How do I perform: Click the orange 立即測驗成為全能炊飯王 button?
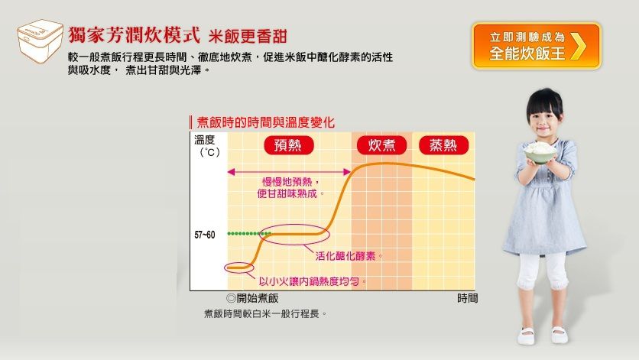click(537, 46)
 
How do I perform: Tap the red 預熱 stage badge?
click(288, 145)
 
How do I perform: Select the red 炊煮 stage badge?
click(381, 145)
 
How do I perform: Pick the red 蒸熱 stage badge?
click(443, 145)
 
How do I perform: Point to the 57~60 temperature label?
click(205, 235)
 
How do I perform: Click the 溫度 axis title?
click(205, 140)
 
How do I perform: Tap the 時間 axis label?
click(467, 298)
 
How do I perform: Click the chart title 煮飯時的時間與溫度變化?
click(266, 122)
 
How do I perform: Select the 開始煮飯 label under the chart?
click(258, 298)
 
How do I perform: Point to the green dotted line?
click(249, 234)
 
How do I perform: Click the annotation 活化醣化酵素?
click(345, 256)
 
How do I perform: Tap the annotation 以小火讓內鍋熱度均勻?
click(310, 281)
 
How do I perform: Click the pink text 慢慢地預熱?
click(287, 182)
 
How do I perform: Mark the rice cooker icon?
click(40, 41)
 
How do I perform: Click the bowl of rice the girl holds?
click(540, 151)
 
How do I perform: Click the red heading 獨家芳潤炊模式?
click(135, 35)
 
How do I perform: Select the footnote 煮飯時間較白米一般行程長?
click(261, 314)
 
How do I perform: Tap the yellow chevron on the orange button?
click(579, 46)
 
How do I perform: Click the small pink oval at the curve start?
click(238, 268)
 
